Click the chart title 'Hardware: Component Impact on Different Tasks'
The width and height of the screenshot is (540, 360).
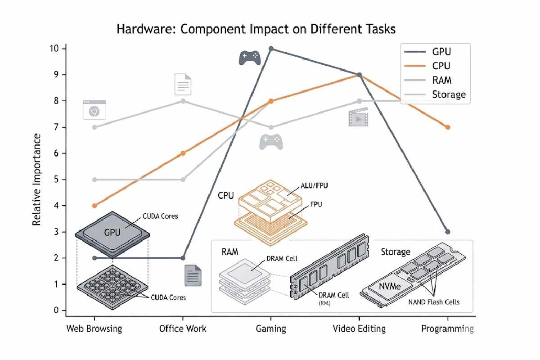click(x=256, y=30)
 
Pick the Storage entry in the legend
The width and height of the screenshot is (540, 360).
click(x=448, y=94)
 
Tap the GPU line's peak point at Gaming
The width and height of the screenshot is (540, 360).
click(x=271, y=49)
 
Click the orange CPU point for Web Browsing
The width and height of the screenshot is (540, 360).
click(x=94, y=206)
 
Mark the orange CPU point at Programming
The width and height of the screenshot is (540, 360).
click(x=447, y=127)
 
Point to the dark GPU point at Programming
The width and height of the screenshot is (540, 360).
click(x=447, y=232)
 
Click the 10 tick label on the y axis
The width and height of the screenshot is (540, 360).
click(x=54, y=49)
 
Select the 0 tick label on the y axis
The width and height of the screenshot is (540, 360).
click(x=56, y=310)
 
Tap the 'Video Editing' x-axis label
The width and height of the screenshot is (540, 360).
click(x=359, y=328)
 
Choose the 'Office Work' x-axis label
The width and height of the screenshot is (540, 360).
click(x=183, y=328)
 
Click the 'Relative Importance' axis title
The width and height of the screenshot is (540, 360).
click(x=37, y=180)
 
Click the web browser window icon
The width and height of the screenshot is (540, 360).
click(x=94, y=110)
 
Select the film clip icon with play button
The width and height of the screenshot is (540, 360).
click(x=358, y=117)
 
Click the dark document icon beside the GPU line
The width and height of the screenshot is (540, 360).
click(x=193, y=275)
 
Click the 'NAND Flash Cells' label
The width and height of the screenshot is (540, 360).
click(x=434, y=302)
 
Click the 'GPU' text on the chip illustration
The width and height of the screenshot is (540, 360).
click(x=112, y=233)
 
